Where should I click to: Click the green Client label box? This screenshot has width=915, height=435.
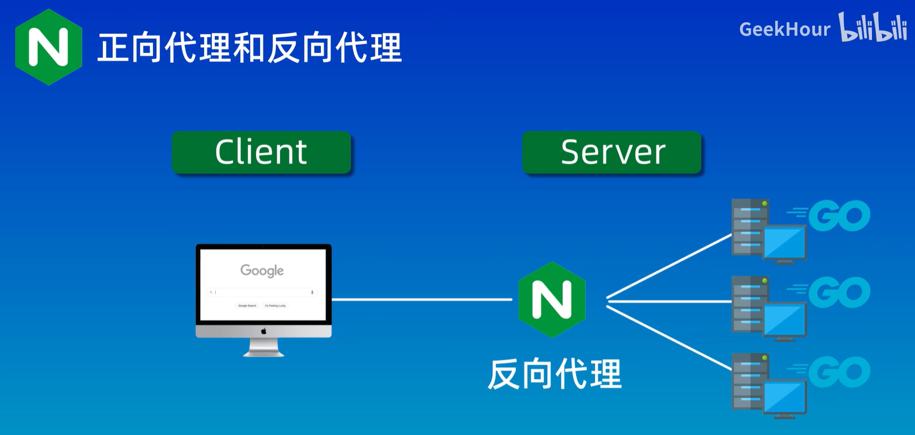(x=261, y=152)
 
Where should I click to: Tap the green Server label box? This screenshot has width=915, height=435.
(x=612, y=152)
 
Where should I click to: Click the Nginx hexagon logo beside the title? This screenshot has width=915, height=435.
(x=49, y=47)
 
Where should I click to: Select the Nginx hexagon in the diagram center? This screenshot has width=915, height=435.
(x=552, y=300)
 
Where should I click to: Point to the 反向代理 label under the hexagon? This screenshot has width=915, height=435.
(x=555, y=374)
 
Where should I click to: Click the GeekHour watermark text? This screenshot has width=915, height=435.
(x=784, y=29)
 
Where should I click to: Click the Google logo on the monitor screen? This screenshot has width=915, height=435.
(x=262, y=271)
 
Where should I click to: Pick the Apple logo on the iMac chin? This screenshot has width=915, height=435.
(x=264, y=331)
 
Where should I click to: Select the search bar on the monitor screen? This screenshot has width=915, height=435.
(x=262, y=292)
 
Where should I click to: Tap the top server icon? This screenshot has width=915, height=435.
(x=768, y=230)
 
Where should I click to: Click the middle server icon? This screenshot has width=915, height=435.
(x=768, y=307)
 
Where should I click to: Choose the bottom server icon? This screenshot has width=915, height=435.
(x=768, y=384)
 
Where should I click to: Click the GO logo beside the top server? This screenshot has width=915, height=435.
(x=838, y=216)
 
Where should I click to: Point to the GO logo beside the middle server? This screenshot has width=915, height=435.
(x=838, y=292)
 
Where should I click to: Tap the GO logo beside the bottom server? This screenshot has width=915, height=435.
(x=838, y=372)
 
